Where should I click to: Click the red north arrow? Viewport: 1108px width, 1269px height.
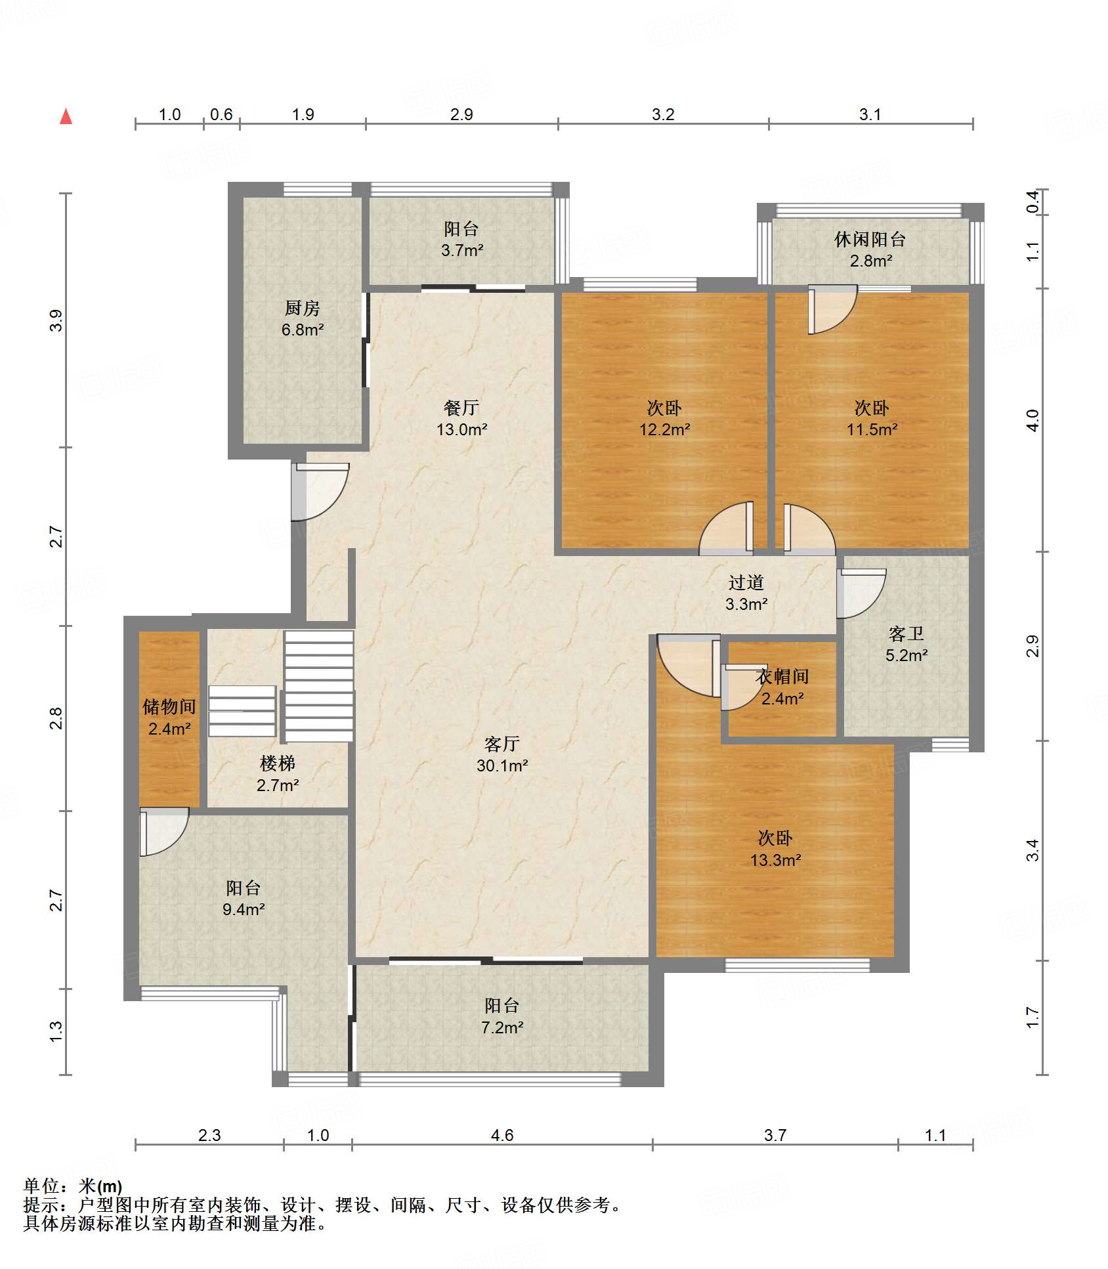[66, 116]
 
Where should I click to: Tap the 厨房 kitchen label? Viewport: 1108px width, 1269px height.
[302, 308]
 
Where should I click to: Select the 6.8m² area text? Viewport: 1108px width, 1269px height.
[302, 330]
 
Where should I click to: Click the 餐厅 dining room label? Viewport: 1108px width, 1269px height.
[461, 408]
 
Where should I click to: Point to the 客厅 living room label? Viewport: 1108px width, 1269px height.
[502, 744]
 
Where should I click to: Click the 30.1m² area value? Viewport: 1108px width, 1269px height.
[502, 765]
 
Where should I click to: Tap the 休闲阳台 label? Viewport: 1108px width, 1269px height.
[870, 240]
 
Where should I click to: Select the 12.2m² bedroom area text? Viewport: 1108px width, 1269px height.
[664, 429]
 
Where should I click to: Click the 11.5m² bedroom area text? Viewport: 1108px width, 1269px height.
[872, 429]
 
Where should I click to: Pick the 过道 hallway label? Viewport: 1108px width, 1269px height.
[746, 582]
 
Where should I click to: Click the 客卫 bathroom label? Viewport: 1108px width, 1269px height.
[906, 634]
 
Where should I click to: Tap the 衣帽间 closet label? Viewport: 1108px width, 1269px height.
[782, 677]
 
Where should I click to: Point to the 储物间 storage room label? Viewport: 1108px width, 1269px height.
[169, 706]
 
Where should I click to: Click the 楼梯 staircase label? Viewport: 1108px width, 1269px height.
[278, 764]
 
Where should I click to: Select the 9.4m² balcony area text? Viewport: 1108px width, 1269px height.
[244, 909]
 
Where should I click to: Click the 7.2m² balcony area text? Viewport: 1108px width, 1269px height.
[502, 1027]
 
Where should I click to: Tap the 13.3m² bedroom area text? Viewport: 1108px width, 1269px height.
[775, 860]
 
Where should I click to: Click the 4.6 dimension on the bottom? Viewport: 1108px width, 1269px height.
[502, 1135]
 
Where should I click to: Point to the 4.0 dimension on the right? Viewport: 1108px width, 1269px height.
[1033, 420]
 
